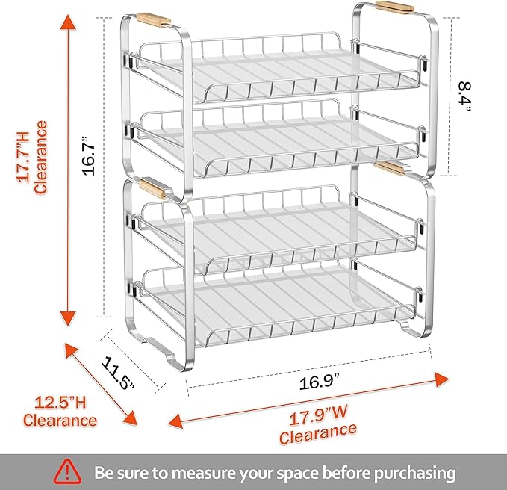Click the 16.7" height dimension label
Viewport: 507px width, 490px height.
point(90,155)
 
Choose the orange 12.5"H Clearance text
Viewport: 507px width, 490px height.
point(60,412)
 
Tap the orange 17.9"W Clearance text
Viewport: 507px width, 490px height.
point(317,423)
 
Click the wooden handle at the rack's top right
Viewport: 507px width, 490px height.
point(394,7)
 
